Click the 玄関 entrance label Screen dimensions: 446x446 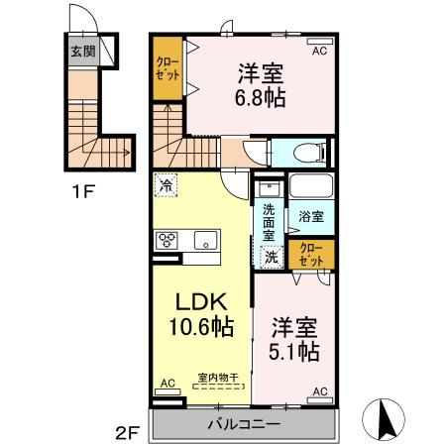click(83, 52)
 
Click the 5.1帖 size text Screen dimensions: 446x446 click(294, 350)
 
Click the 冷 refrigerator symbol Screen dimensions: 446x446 click(167, 184)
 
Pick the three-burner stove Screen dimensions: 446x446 click(167, 239)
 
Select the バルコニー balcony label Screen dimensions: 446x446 click(244, 423)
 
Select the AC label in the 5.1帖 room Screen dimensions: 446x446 click(319, 392)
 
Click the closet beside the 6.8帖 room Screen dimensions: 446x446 click(167, 71)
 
